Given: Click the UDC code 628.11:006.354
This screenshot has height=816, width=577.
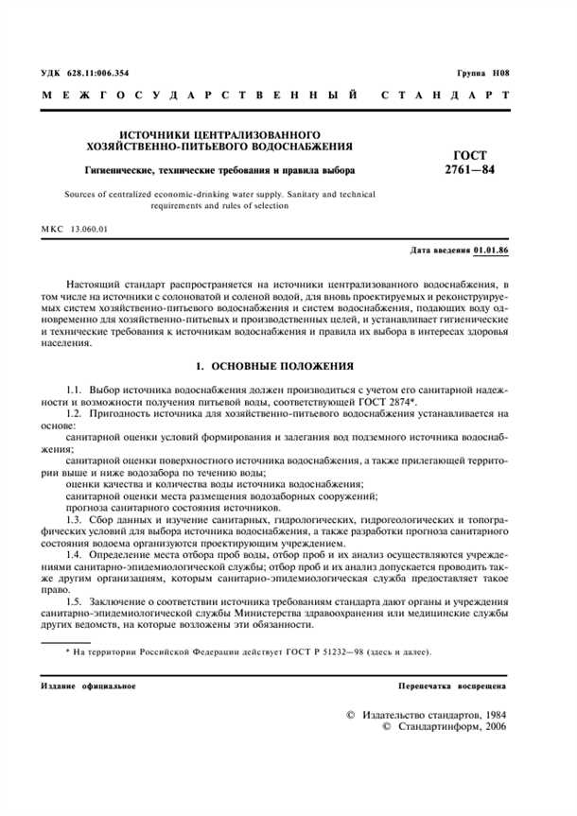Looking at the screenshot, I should point(95,73).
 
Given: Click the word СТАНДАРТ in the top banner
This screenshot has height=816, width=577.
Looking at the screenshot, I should point(445,96).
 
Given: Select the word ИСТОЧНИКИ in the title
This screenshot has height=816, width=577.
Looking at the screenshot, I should point(162,134).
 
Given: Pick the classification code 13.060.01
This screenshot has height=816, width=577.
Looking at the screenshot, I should point(90,230).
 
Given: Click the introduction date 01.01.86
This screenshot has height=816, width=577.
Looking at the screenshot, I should point(491,253).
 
